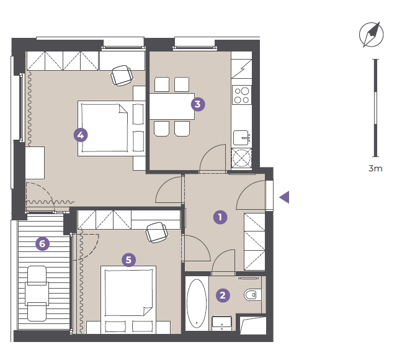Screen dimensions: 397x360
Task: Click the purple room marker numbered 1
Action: click(x=220, y=217)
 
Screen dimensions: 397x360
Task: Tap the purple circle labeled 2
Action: click(x=223, y=295)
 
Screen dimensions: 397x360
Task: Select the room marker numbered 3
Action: click(x=198, y=104)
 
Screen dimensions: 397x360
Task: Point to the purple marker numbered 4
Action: click(x=81, y=135)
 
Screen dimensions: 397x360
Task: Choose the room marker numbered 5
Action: click(x=128, y=260)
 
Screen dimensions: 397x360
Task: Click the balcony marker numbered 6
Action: click(x=42, y=244)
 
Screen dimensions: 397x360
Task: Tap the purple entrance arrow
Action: click(x=284, y=197)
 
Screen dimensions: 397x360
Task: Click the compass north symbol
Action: click(x=372, y=35)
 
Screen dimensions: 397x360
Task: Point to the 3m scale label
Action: click(x=375, y=168)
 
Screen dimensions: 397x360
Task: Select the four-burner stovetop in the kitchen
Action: click(x=242, y=95)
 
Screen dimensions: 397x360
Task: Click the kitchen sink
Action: click(x=241, y=138)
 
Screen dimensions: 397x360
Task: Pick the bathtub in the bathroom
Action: click(x=197, y=304)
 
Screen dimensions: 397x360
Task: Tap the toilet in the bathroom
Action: click(x=253, y=295)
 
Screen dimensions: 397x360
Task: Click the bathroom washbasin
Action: click(x=221, y=323)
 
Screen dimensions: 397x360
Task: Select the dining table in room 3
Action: click(x=172, y=106)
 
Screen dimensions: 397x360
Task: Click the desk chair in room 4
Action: click(x=122, y=75)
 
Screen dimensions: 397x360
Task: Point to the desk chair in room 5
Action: click(x=157, y=232)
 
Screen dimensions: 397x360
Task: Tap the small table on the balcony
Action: click(x=37, y=294)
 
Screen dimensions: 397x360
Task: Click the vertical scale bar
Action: click(x=375, y=108)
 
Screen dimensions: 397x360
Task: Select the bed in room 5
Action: click(x=128, y=300)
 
